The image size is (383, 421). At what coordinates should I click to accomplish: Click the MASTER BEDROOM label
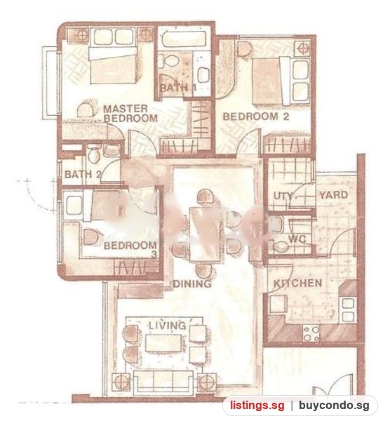point(130,114)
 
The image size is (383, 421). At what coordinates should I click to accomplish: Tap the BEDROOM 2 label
point(256,116)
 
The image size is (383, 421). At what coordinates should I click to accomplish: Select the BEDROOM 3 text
point(130,249)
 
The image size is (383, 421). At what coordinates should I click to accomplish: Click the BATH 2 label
point(83,175)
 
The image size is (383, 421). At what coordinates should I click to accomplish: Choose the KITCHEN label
point(297,283)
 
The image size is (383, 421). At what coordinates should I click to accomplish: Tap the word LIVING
point(167,326)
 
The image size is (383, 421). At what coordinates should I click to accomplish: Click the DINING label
point(192,283)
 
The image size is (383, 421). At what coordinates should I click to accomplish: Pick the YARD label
point(334,195)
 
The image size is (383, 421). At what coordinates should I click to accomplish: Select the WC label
point(297,239)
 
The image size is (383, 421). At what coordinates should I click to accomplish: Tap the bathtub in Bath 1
point(184,39)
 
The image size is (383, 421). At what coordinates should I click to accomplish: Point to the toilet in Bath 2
point(94,154)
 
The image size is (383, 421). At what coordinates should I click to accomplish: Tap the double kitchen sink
point(348,310)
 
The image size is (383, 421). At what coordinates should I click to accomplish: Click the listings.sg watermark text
point(257,405)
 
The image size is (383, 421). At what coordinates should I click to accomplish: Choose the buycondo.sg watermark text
point(334,406)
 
